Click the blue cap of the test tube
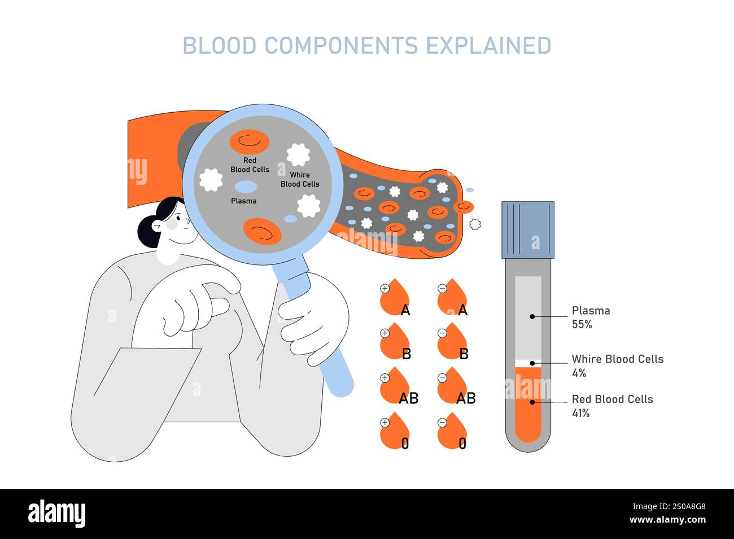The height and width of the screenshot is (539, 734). tap(528, 229)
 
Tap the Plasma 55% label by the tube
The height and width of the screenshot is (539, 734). tap(591, 317)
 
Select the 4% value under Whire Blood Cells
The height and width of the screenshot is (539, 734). tap(579, 373)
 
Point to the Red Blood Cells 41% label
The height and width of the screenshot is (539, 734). tap(611, 405)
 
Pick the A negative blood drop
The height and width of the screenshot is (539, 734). tap(452, 298)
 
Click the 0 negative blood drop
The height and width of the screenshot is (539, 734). tap(452, 432)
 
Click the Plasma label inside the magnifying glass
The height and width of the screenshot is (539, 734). tap(243, 201)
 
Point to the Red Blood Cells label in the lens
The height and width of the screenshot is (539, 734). tap(250, 165)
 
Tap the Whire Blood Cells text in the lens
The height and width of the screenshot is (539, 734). tap(300, 179)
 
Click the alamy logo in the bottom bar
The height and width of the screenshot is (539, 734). tap(57, 514)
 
